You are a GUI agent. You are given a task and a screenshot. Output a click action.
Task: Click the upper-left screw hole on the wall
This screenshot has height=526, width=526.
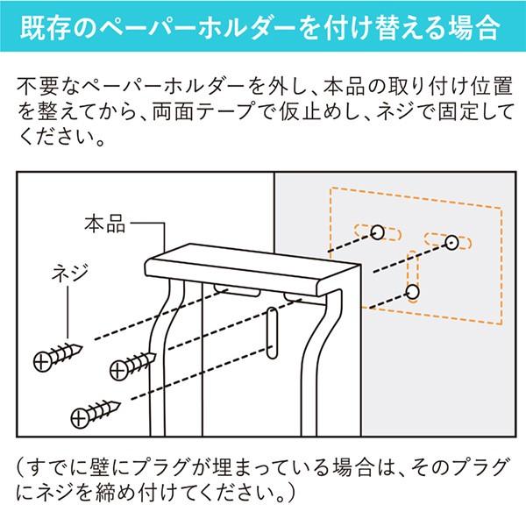[376, 231]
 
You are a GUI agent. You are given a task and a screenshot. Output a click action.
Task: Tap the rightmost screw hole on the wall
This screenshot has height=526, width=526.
[451, 241]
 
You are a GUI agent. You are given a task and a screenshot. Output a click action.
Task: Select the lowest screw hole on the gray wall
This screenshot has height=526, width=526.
[413, 292]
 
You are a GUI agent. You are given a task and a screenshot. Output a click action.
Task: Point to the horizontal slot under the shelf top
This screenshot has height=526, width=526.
[236, 288]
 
